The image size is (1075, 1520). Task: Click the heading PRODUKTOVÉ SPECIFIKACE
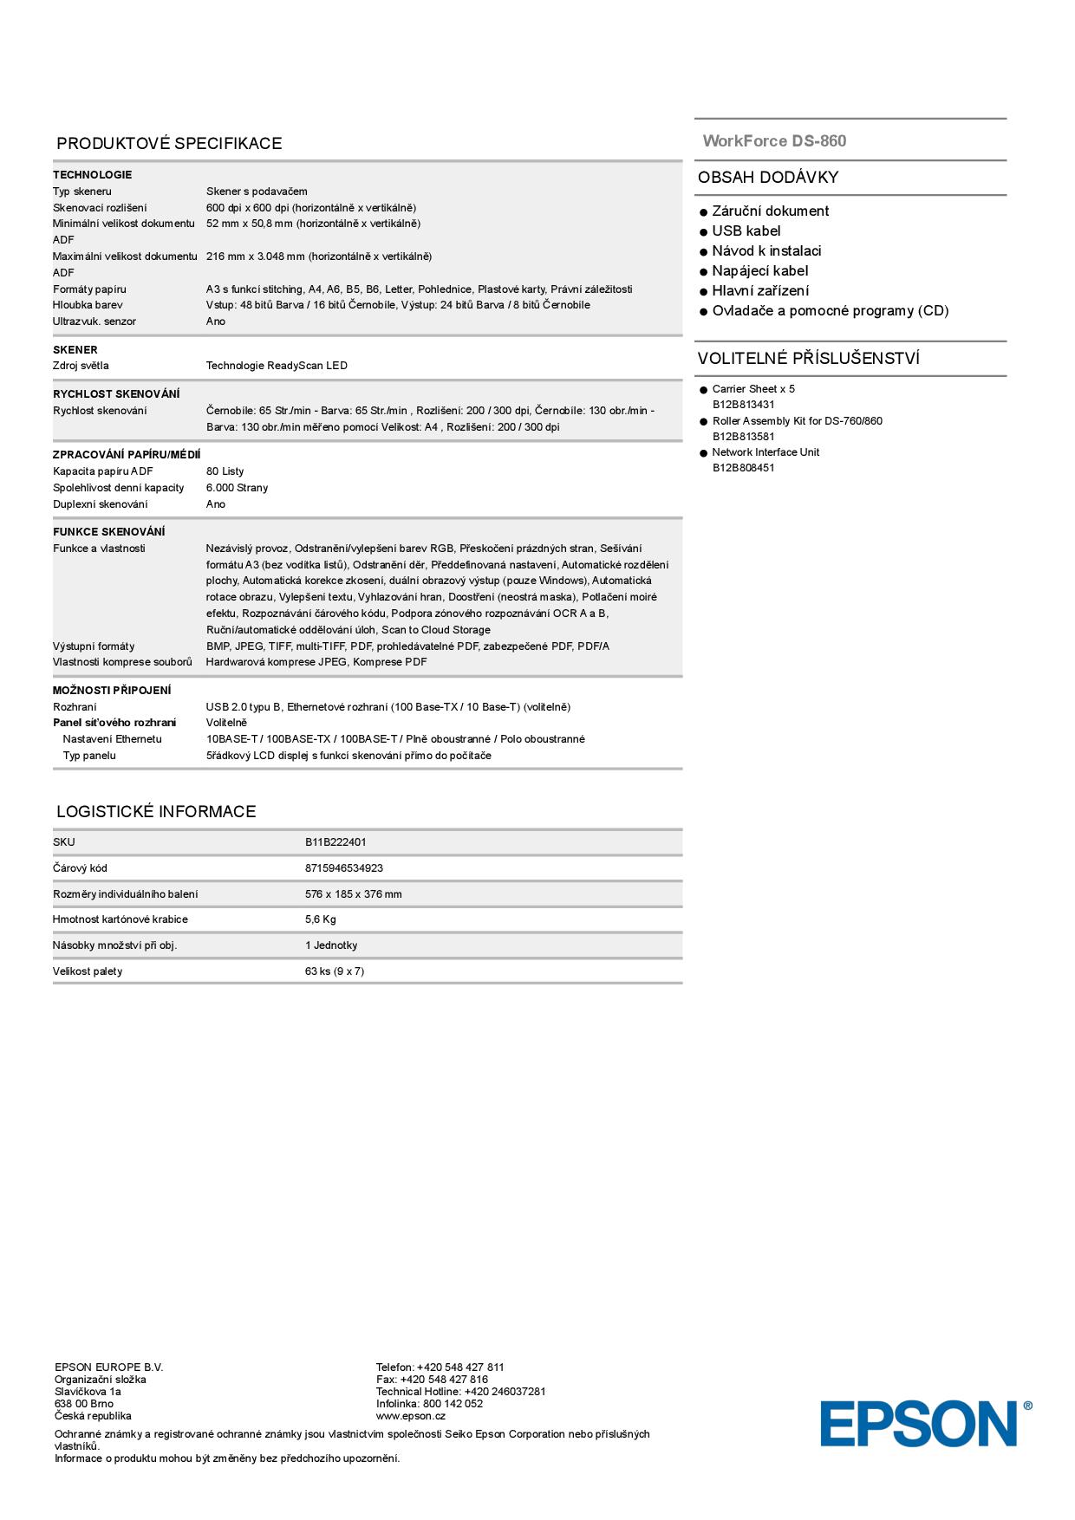(x=169, y=144)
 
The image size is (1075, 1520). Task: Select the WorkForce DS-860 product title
(x=774, y=141)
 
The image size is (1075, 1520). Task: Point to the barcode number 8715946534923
(x=343, y=868)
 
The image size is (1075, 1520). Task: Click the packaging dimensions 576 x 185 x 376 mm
(x=353, y=894)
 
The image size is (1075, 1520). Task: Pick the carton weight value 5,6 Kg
(x=320, y=919)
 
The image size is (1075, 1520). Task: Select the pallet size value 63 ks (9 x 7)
(x=334, y=971)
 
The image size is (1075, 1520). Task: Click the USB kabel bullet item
(x=746, y=231)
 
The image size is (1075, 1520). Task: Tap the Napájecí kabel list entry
(x=759, y=271)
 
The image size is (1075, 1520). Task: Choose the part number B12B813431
(x=743, y=405)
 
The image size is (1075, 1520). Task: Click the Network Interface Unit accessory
(x=765, y=452)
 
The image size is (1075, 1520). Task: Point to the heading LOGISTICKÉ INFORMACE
(x=156, y=812)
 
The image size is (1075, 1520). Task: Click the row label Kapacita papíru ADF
(x=102, y=471)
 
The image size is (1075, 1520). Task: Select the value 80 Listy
(x=225, y=471)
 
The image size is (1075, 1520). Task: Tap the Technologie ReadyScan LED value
(x=277, y=366)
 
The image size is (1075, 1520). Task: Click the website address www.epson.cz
(x=410, y=1416)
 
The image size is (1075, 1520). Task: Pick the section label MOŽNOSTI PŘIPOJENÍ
(x=112, y=691)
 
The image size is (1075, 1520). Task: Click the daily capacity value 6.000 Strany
(x=237, y=488)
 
